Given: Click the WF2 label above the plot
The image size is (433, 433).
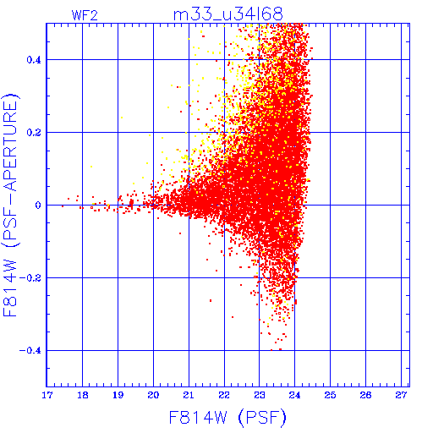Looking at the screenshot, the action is click(x=85, y=15).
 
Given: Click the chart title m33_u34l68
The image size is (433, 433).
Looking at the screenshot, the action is click(x=227, y=14).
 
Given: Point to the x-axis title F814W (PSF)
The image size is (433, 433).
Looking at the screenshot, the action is click(x=227, y=418).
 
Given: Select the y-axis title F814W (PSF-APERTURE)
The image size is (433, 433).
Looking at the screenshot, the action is click(x=11, y=205).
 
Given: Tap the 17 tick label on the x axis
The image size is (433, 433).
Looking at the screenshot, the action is click(x=47, y=395).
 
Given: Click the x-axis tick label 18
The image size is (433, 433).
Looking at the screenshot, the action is click(x=83, y=395).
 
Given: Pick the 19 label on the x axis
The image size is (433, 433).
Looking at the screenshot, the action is click(x=118, y=395).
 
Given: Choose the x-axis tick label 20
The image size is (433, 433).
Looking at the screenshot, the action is click(x=153, y=395).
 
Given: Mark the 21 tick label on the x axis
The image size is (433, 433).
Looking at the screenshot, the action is click(x=189, y=395).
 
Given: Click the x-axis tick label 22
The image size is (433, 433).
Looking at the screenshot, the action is click(x=224, y=395).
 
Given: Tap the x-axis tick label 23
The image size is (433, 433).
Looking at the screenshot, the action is click(x=260, y=395).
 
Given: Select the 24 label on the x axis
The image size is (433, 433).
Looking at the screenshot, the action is click(x=295, y=395).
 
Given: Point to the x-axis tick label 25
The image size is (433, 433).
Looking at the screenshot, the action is click(x=330, y=395).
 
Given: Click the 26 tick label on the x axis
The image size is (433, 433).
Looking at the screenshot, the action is click(x=365, y=395).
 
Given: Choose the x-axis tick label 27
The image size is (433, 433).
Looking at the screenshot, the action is click(x=401, y=395).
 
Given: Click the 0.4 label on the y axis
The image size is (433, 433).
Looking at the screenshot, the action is click(x=34, y=60).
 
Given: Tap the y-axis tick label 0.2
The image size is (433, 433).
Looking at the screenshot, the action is click(x=34, y=133).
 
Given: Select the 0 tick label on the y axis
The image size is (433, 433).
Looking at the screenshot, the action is click(x=38, y=206).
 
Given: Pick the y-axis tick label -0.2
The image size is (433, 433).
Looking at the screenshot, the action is click(x=30, y=278).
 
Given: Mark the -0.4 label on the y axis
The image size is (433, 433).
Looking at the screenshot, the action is click(x=30, y=351).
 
